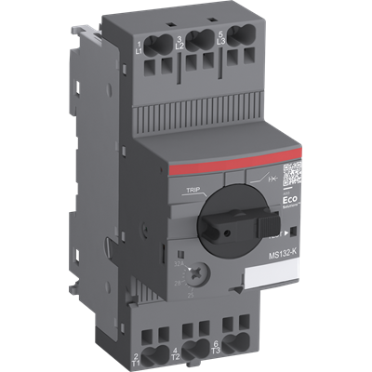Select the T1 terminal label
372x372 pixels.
(136, 360)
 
